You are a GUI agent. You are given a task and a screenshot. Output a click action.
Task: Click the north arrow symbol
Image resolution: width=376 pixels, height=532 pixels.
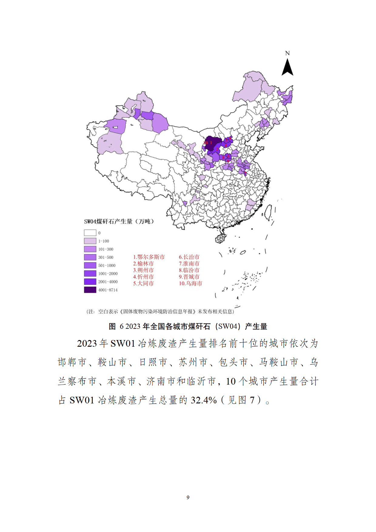287,67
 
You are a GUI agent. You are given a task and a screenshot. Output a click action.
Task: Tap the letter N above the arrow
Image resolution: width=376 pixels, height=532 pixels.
287,53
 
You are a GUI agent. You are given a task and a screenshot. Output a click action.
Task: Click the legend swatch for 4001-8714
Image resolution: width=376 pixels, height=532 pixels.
90,290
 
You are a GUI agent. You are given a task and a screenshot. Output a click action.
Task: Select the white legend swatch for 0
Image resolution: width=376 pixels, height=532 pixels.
90,233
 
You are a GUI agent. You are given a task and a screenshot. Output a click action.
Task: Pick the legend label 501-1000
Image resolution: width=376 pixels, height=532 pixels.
107,265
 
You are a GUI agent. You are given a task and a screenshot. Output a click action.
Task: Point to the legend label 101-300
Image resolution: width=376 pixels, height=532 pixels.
106,249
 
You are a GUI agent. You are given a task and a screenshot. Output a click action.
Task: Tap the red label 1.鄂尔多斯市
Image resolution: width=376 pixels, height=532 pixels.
149,257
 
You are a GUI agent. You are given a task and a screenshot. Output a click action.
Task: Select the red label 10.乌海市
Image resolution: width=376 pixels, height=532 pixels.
190,283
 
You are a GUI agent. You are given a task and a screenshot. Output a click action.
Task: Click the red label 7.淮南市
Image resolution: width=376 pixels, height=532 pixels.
189,264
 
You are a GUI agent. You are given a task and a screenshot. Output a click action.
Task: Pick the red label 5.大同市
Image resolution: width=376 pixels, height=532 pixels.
143,283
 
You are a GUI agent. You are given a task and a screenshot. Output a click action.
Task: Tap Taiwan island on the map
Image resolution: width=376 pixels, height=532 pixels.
268,212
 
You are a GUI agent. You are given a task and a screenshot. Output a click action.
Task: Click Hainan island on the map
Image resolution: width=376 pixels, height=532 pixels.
221,238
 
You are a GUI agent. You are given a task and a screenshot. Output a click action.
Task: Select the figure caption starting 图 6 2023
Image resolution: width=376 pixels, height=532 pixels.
188,326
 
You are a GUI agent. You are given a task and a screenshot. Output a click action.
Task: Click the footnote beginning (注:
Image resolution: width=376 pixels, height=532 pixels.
160,311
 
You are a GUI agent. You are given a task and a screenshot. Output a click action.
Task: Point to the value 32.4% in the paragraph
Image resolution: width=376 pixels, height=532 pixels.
203,400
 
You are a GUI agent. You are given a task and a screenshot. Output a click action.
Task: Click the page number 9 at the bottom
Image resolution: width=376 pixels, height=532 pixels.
188,497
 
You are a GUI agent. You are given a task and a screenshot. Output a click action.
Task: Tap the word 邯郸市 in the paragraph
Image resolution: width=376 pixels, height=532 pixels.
72,362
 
